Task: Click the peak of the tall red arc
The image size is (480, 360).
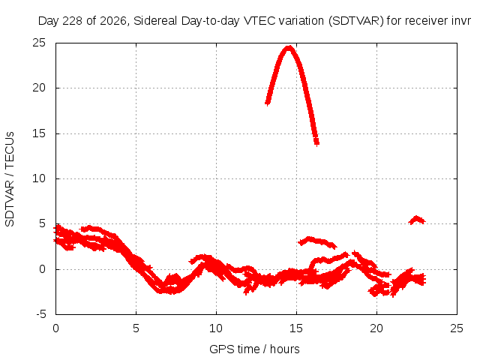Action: tap(289, 48)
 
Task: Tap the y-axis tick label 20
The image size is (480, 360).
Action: tap(39, 88)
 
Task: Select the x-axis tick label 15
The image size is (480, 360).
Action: tap(296, 328)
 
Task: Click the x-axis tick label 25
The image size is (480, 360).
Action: tap(457, 328)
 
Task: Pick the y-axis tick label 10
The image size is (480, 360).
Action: tap(39, 178)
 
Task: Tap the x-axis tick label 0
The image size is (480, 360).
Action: tap(55, 328)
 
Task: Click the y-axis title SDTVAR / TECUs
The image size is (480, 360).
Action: tap(10, 179)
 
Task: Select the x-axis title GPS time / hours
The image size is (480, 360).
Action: tap(254, 349)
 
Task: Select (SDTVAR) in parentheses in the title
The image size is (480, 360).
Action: tap(356, 21)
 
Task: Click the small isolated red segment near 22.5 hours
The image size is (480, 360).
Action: tap(417, 220)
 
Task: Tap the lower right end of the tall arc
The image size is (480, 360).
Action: tap(316, 142)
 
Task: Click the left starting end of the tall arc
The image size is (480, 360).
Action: tap(268, 103)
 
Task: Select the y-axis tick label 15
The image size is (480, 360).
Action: tap(39, 133)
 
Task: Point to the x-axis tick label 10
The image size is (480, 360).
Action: tap(216, 328)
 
